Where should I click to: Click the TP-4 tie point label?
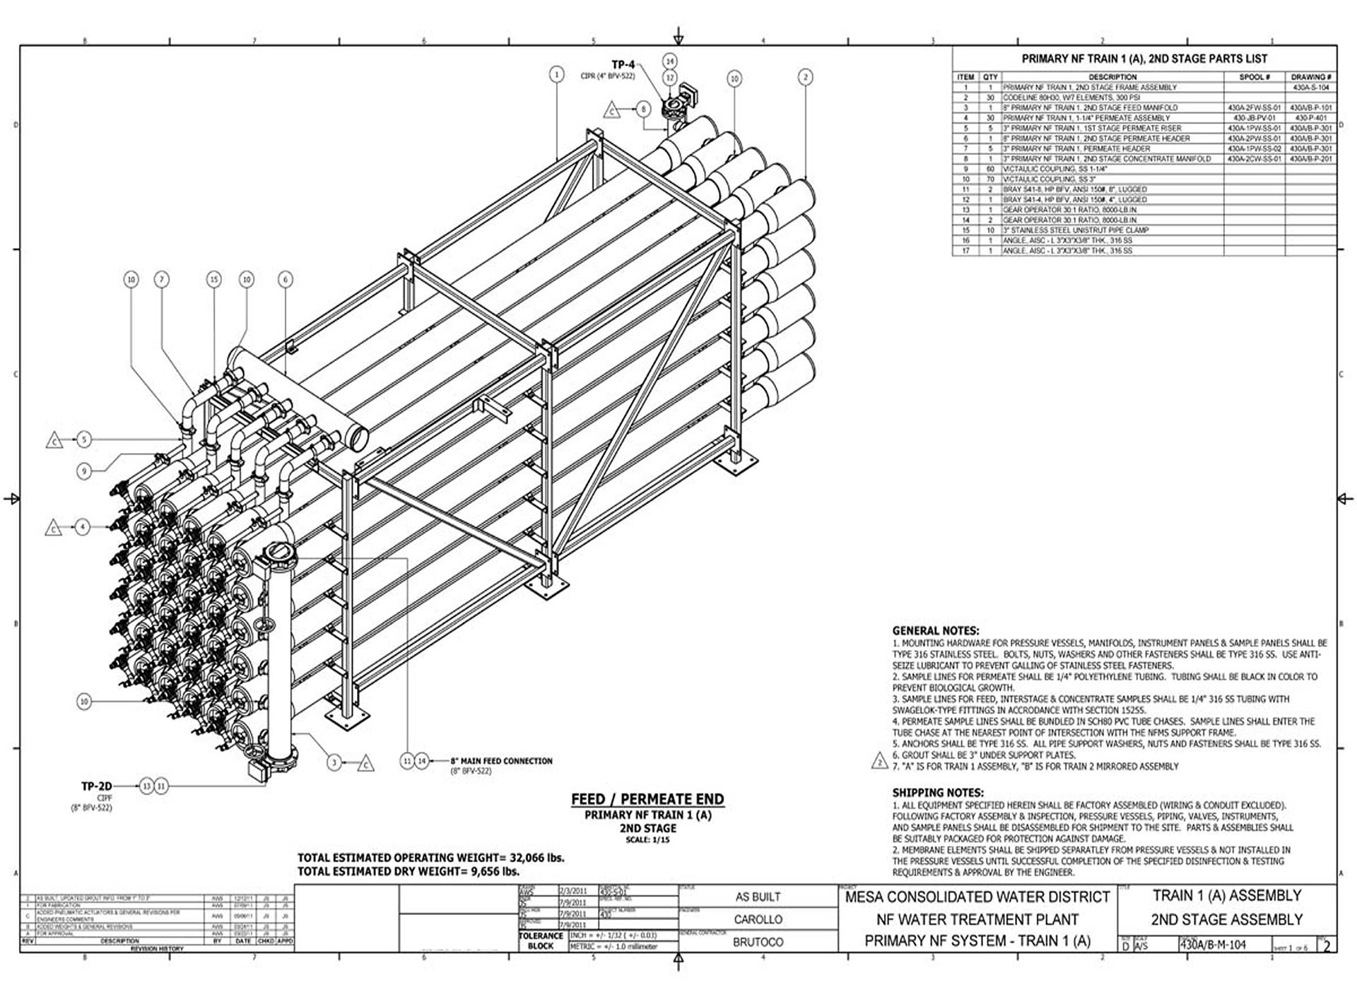(623, 65)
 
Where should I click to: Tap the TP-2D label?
(97, 786)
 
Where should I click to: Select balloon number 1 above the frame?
(557, 74)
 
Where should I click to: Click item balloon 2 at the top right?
(805, 77)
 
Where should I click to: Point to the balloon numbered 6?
(286, 280)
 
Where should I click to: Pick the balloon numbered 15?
(214, 280)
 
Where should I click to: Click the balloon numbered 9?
(84, 471)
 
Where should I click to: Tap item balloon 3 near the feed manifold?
(334, 762)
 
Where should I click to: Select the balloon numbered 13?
(146, 786)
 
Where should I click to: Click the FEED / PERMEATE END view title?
(647, 799)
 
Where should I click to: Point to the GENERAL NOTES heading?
(935, 630)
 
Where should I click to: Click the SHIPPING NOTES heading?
(937, 793)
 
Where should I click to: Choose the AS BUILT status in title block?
(758, 897)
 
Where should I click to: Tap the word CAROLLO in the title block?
(758, 919)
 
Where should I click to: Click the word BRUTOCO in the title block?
(758, 942)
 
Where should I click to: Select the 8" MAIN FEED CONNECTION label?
(501, 761)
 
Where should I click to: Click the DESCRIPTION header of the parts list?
(1112, 77)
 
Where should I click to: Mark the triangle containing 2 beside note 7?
(879, 762)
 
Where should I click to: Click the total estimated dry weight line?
(409, 872)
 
